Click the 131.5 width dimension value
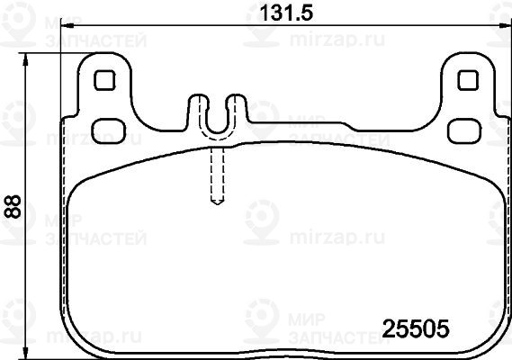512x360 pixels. [286, 13]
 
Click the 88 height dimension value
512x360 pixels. [13, 206]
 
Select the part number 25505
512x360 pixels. [416, 328]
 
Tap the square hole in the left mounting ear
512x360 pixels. [104, 80]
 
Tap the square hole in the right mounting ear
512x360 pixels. [468, 80]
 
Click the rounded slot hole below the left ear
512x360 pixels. [109, 131]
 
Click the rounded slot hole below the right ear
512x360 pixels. [464, 131]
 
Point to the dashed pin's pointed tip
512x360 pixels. [218, 203]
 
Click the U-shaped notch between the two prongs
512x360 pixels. [218, 124]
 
